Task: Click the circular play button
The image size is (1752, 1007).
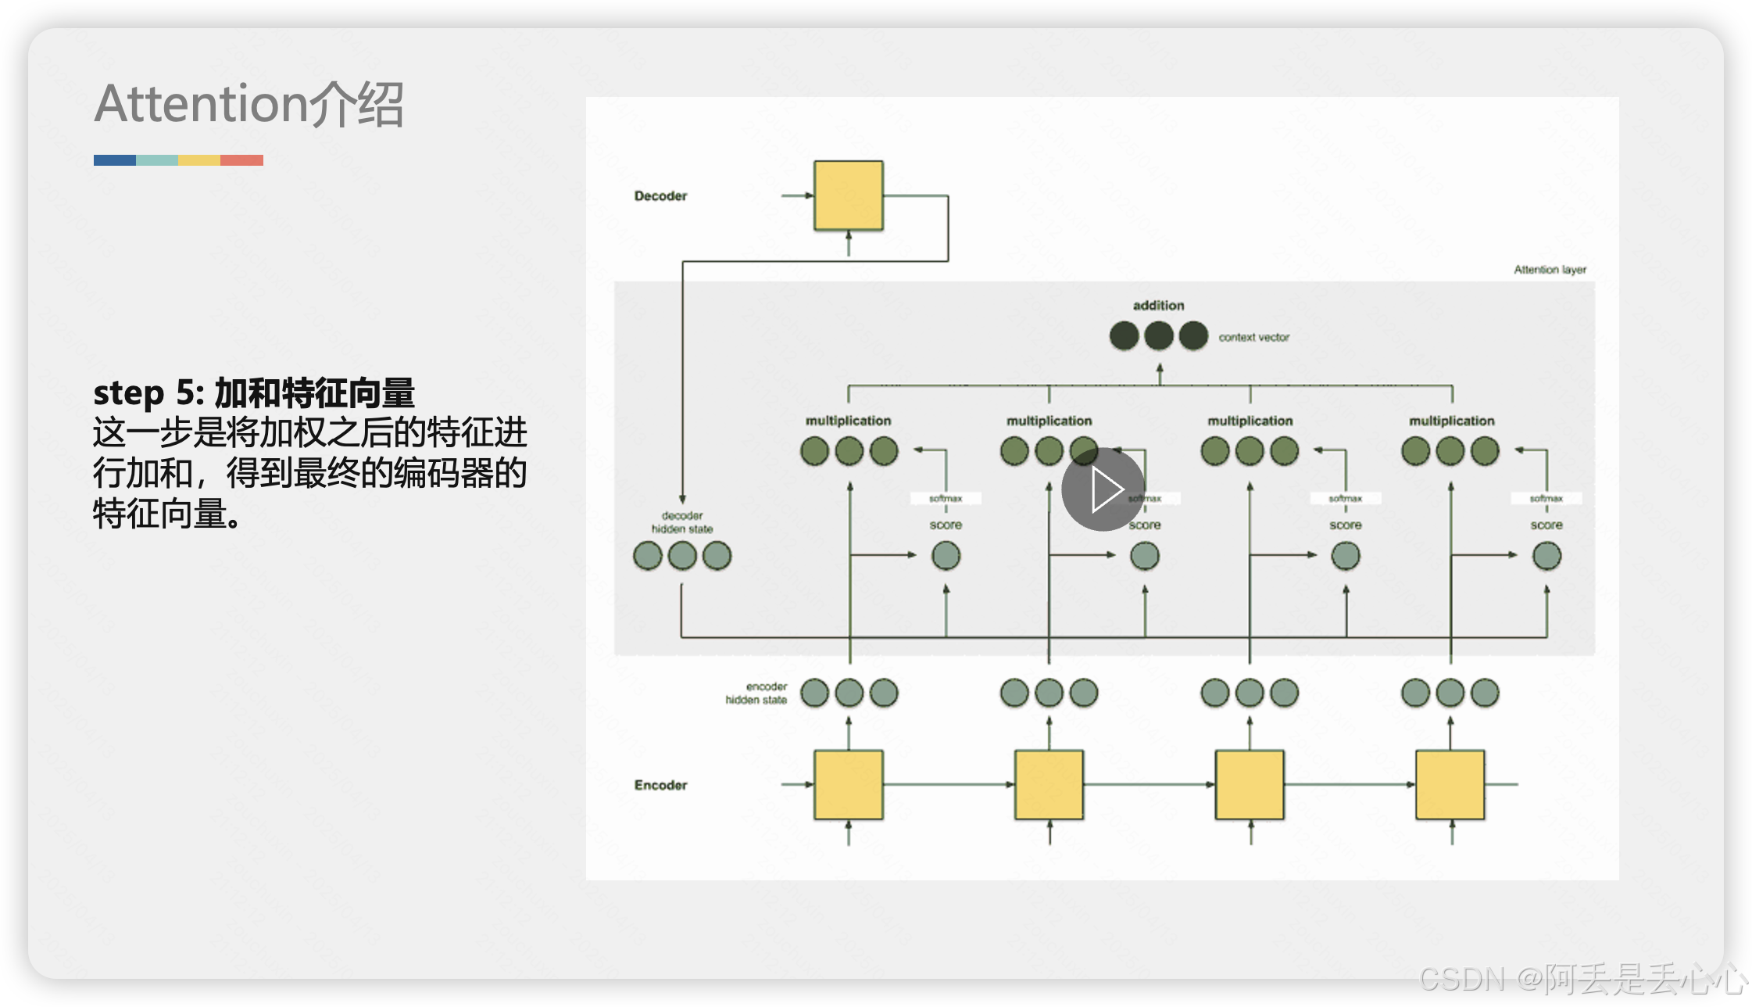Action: [1103, 489]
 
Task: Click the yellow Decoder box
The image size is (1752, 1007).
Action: [849, 195]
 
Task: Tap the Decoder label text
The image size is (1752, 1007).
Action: [660, 196]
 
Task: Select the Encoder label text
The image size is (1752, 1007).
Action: [660, 785]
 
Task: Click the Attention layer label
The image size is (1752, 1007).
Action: [1550, 270]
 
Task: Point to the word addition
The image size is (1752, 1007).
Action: [1158, 306]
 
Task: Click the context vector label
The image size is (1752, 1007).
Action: [1253, 337]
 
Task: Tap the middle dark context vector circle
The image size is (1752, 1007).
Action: [1159, 336]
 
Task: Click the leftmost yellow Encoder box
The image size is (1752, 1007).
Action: [849, 785]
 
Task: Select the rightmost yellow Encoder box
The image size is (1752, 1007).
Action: [1450, 785]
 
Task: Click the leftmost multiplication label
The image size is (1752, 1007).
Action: [849, 421]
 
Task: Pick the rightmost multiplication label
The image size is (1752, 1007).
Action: [1451, 421]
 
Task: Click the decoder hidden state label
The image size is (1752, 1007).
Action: [682, 522]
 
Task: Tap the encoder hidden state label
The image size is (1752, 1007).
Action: [756, 693]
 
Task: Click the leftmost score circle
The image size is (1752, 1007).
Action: [946, 556]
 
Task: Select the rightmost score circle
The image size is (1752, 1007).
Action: [1546, 556]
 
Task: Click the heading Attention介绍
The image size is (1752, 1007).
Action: [248, 104]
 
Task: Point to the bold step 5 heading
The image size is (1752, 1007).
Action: [254, 392]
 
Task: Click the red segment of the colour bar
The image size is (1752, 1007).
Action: [241, 160]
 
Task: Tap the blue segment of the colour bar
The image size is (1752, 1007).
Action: [115, 160]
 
